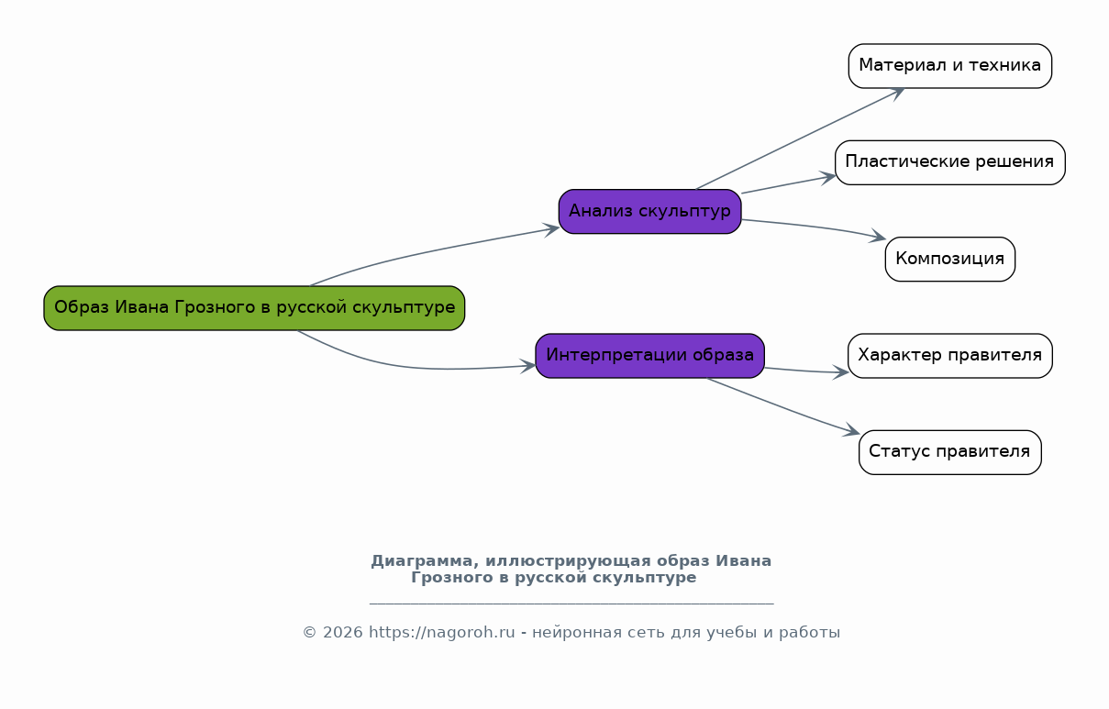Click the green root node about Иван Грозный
pyautogui.click(x=254, y=308)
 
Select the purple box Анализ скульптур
pyautogui.click(x=649, y=211)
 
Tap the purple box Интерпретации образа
pyautogui.click(x=649, y=356)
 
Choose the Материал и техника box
pyautogui.click(x=949, y=66)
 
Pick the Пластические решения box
pyautogui.click(x=949, y=162)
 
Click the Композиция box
pyautogui.click(x=949, y=259)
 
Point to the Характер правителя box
pyautogui.click(x=949, y=356)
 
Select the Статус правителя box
pyautogui.click(x=949, y=452)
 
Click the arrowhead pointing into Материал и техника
pyautogui.click(x=898, y=93)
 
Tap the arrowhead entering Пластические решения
pyautogui.click(x=828, y=177)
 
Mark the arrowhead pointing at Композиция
pyautogui.click(x=878, y=237)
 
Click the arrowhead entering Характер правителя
pyautogui.click(x=840, y=371)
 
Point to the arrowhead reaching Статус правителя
pyautogui.click(x=851, y=431)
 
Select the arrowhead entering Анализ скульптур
pyautogui.click(x=551, y=229)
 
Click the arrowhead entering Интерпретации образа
pyautogui.click(x=527, y=366)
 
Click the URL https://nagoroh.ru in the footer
pyautogui.click(x=441, y=632)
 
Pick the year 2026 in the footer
pyautogui.click(x=342, y=632)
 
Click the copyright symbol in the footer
pyautogui.click(x=309, y=632)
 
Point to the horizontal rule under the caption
pyautogui.click(x=571, y=604)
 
